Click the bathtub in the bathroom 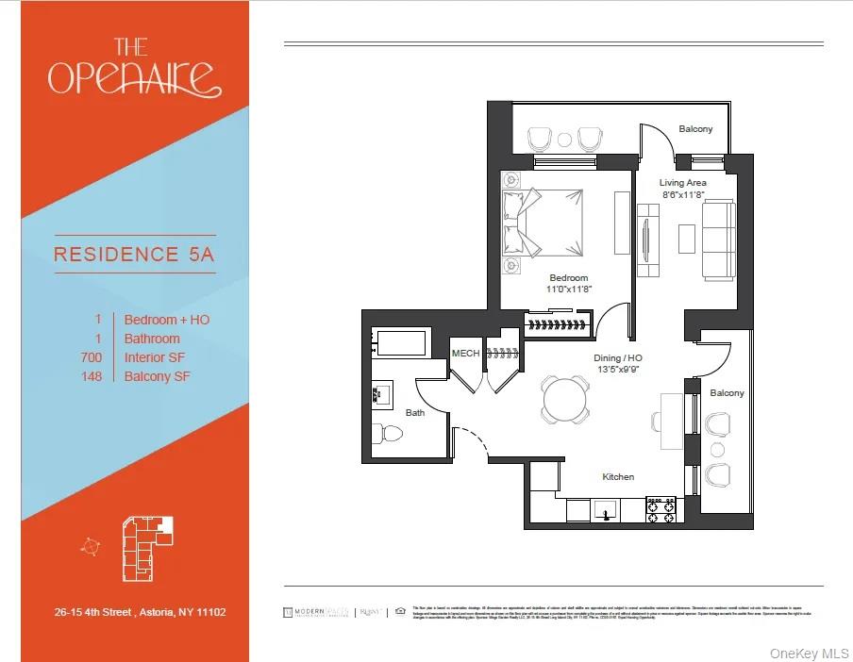coord(400,341)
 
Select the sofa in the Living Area coord(720,239)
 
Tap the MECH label coord(465,354)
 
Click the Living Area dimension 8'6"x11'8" coord(682,194)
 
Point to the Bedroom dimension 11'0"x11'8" coord(569,290)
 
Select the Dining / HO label coord(619,358)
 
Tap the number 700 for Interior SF coord(92,357)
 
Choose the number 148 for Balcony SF coord(92,376)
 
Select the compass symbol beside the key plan coord(90,545)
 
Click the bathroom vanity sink coord(383,394)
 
